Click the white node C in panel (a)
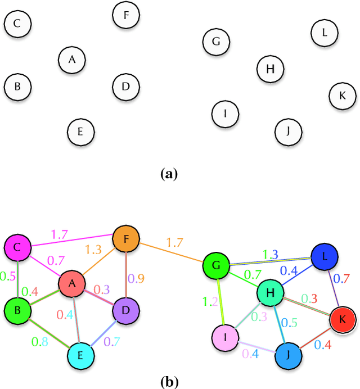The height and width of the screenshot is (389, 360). click(17, 24)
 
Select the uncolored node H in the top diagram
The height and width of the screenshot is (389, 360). click(270, 69)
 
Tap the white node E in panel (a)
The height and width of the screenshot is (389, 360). click(80, 132)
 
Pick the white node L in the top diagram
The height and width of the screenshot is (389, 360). click(325, 33)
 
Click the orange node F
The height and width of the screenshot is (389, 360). click(126, 239)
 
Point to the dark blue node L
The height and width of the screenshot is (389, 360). click(325, 257)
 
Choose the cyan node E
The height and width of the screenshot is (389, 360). click(81, 355)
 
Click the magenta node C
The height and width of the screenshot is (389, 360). click(17, 247)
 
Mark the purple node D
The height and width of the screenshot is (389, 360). click(126, 310)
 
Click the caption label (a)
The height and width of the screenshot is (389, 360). click(169, 174)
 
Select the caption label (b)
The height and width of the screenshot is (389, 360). click(169, 382)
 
